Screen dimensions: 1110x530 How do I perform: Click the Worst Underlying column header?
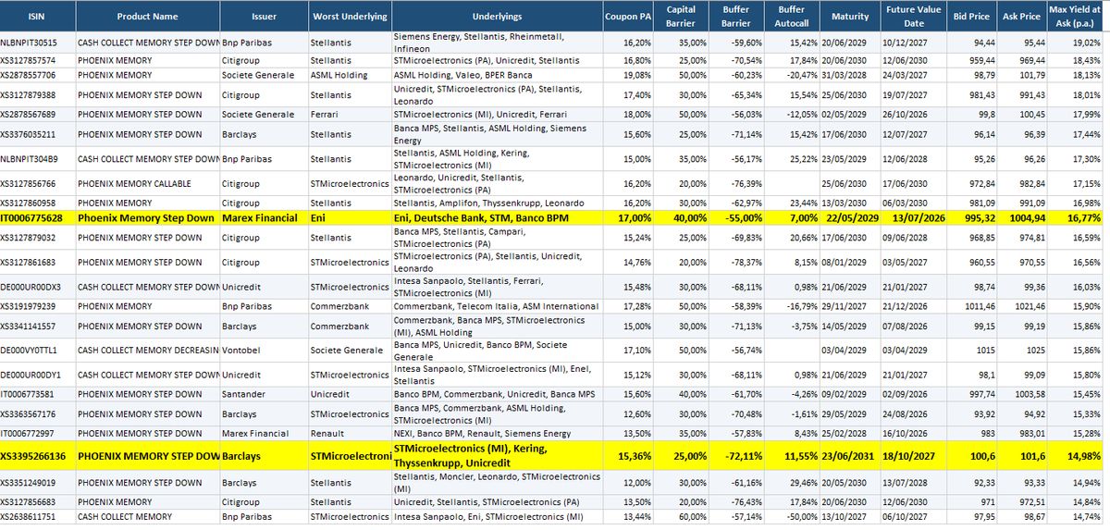(x=350, y=17)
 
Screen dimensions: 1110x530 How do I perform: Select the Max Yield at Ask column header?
(x=1074, y=17)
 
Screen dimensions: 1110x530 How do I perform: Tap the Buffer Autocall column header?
(x=792, y=17)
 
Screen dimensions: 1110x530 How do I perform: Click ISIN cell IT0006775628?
(x=31, y=218)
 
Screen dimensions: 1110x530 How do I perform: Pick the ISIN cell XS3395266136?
(x=32, y=456)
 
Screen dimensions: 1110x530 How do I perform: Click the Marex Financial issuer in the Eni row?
(x=260, y=218)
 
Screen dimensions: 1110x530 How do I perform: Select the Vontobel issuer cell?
(x=240, y=351)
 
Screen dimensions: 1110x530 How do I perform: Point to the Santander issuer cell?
(x=243, y=394)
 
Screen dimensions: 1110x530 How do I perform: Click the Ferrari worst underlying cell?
(x=324, y=115)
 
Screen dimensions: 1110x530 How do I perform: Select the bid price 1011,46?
(x=980, y=306)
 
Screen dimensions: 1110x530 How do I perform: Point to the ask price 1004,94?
(x=1028, y=218)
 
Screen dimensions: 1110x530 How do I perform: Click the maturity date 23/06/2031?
(x=848, y=456)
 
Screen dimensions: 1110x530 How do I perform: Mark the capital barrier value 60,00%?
(x=692, y=517)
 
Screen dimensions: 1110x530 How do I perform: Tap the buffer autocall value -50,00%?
(x=801, y=517)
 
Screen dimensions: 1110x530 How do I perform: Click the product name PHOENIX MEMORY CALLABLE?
(x=134, y=184)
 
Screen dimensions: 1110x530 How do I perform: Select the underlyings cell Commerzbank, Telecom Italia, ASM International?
(x=496, y=306)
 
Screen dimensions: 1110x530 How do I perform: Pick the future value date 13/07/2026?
(x=919, y=218)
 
